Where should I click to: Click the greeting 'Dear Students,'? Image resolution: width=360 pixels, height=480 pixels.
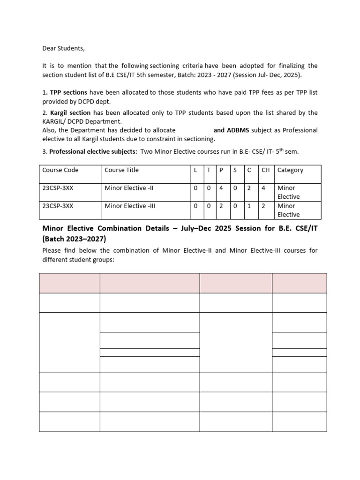[64, 48]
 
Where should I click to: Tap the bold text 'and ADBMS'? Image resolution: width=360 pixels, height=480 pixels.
[231, 130]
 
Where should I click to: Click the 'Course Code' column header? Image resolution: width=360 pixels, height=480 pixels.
[60, 170]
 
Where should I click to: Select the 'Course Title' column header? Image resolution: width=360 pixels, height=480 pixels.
[121, 170]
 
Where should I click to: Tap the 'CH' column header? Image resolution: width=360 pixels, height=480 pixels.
[265, 170]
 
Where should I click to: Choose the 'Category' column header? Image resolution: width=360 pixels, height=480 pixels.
[290, 170]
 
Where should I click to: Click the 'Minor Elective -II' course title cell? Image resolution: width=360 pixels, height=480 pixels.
[129, 188]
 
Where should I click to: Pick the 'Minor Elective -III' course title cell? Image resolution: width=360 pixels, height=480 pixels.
[130, 206]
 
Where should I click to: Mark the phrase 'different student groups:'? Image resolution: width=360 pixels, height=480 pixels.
[78, 259]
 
